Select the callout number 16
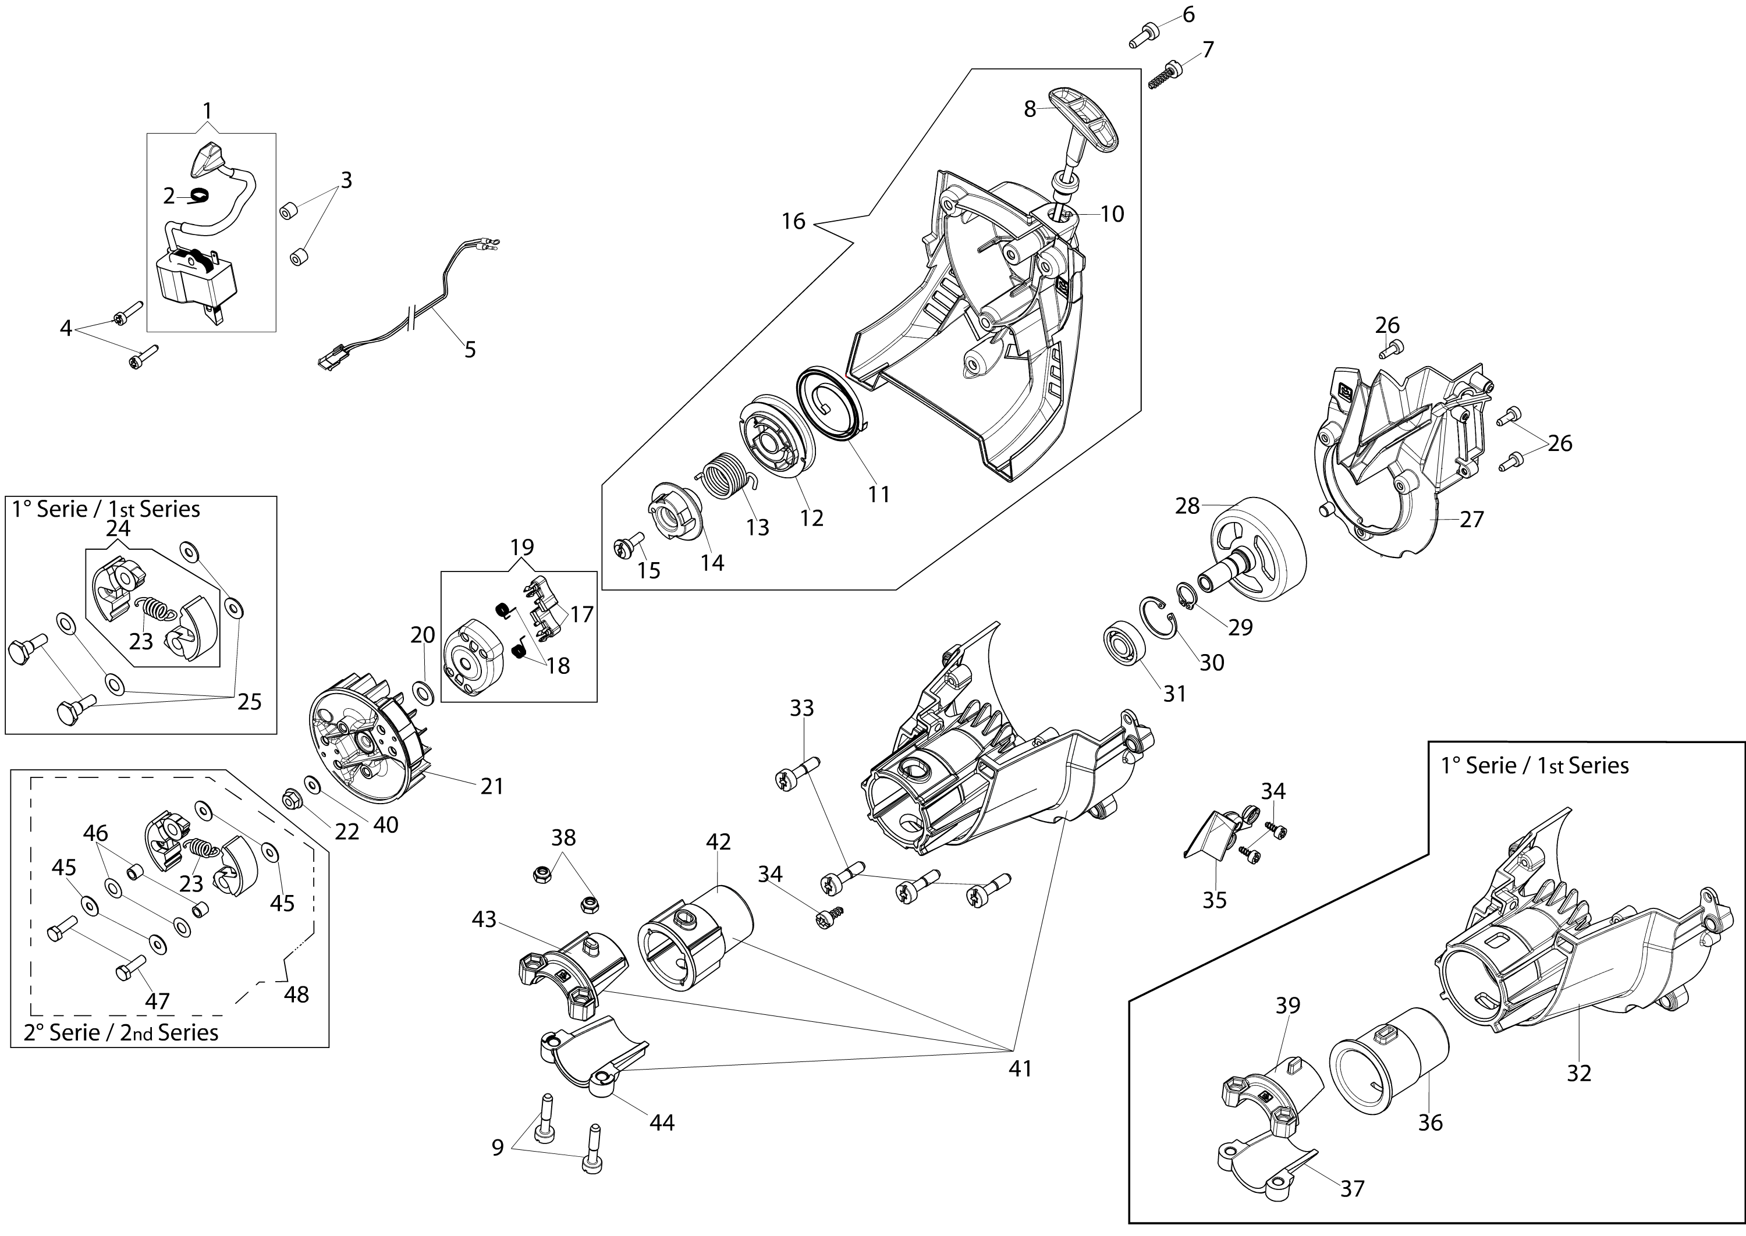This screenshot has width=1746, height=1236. point(793,222)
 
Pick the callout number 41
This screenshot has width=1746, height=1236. point(1020,1068)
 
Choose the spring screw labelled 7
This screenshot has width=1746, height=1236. point(1165,76)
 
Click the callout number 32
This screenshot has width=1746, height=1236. point(1578,1072)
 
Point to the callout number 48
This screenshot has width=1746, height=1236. point(296,994)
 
